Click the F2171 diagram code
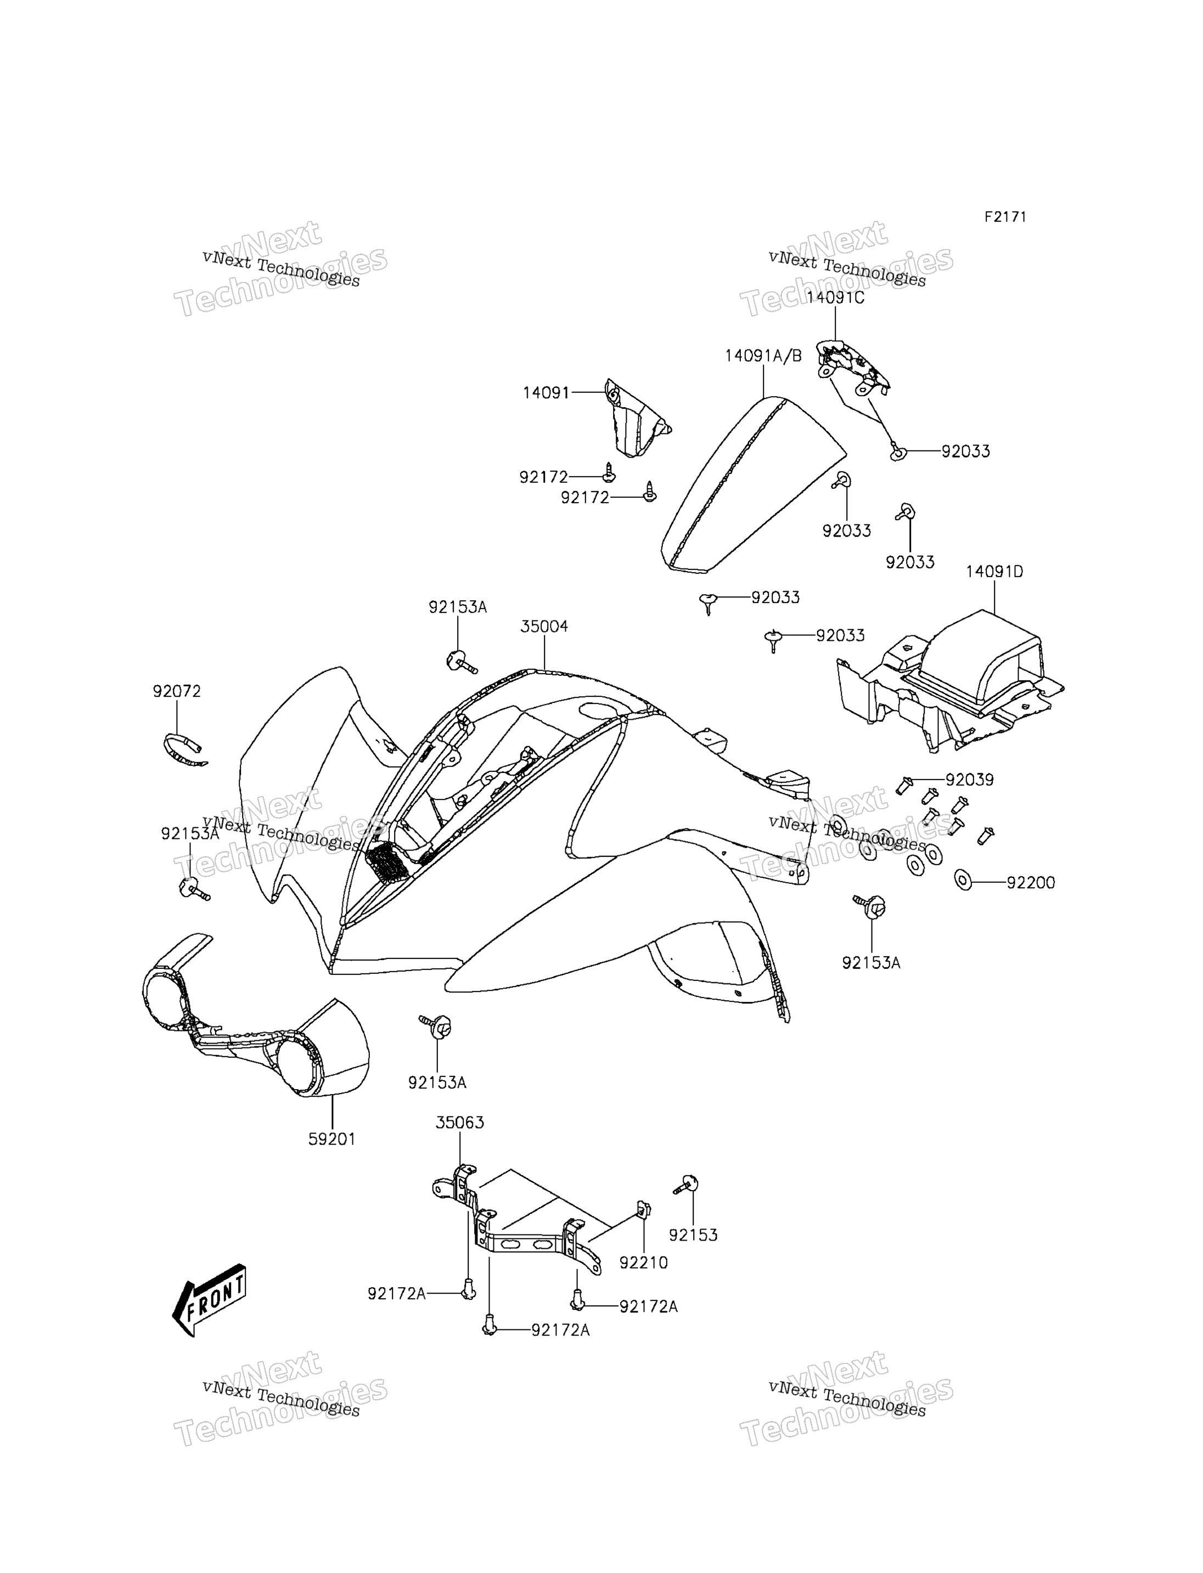pos(1005,217)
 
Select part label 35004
pos(544,627)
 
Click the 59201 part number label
pos(332,1138)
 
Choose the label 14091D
pos(994,571)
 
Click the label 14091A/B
pos(763,356)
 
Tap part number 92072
pos(177,692)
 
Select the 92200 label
pos(1031,883)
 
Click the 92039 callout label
pos(970,780)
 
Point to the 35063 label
pos(460,1123)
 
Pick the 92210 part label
pos(644,1263)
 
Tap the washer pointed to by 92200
pos(963,880)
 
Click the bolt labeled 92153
pos(686,1185)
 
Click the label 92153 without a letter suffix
pos(693,1235)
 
